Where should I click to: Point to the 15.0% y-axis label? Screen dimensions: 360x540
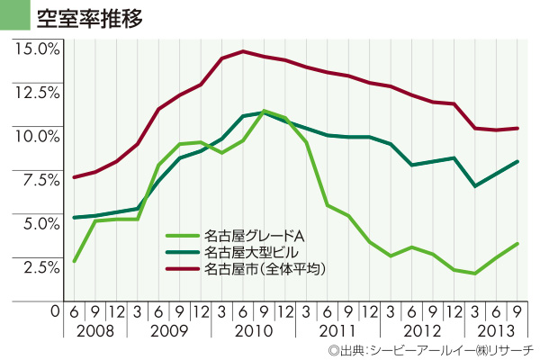37,48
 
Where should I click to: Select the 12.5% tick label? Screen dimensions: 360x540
37,92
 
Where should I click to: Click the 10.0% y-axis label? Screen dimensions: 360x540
37,135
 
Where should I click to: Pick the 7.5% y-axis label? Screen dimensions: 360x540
39,179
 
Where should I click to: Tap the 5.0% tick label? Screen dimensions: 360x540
39,222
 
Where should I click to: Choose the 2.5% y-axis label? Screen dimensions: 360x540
39,266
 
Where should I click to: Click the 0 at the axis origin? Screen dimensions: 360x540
55,310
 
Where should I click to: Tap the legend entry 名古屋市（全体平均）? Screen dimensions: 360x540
265,268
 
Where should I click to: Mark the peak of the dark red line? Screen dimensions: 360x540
243,51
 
